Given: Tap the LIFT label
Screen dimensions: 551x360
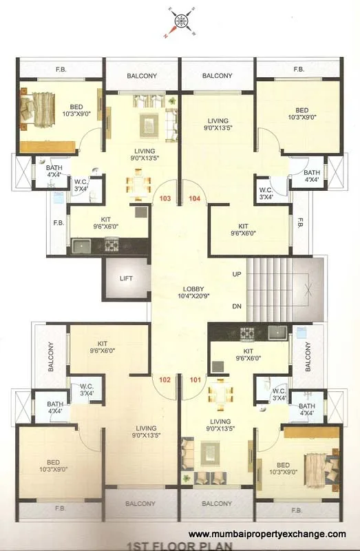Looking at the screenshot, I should (125, 279).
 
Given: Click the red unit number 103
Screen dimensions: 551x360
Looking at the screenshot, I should (165, 198).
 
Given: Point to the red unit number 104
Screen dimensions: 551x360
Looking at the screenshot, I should (194, 198).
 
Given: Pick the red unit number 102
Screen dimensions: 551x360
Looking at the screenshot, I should (165, 379).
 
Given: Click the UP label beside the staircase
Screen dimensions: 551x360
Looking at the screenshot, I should (237, 274).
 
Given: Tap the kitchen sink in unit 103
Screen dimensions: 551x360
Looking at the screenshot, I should (83, 245).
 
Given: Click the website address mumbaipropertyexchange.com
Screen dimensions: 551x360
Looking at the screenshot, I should (267, 534).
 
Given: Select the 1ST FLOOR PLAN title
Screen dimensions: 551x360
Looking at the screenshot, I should (179, 546).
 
